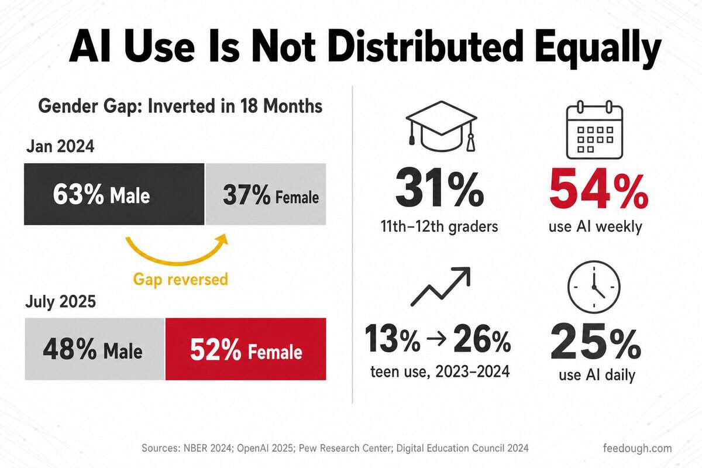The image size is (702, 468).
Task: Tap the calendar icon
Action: coord(594,129)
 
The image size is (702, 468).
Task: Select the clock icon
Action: coord(594,287)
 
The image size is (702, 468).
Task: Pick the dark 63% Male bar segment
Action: coord(114,194)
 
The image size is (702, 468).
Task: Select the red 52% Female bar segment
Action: coord(246,349)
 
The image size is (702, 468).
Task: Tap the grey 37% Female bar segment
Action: coord(266,194)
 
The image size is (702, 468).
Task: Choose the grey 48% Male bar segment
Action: coord(95,349)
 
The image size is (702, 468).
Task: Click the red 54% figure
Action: coord(598,188)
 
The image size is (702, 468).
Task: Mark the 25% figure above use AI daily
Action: coord(596,342)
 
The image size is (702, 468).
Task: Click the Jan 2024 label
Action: coord(60,146)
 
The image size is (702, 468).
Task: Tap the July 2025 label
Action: coord(60,301)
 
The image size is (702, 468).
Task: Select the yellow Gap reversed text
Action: coord(181,279)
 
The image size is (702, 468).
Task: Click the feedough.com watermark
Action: coord(637,448)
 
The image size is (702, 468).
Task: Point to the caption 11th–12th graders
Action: coord(439,226)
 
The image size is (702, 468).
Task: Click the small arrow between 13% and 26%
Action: coord(436,339)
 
